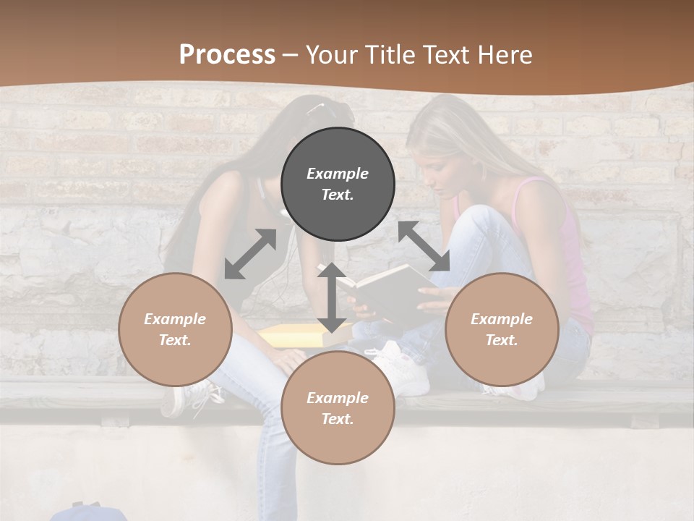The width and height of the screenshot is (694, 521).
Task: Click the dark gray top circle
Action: click(x=338, y=185)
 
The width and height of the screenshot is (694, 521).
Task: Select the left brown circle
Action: click(x=175, y=329)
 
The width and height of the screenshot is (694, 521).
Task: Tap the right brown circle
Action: click(x=502, y=329)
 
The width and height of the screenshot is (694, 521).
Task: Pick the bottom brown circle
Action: click(x=338, y=408)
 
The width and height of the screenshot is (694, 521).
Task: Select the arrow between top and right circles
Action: click(x=424, y=246)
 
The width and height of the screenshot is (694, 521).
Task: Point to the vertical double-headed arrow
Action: click(x=332, y=297)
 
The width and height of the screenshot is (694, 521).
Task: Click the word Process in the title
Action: click(x=227, y=54)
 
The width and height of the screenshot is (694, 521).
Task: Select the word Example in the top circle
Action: click(x=338, y=174)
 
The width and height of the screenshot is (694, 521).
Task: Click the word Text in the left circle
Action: click(x=175, y=340)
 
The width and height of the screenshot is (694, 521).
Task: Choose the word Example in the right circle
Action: click(x=502, y=318)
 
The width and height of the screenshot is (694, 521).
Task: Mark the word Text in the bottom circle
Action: click(x=338, y=419)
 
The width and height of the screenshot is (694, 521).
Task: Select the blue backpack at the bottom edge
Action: click(x=87, y=512)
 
